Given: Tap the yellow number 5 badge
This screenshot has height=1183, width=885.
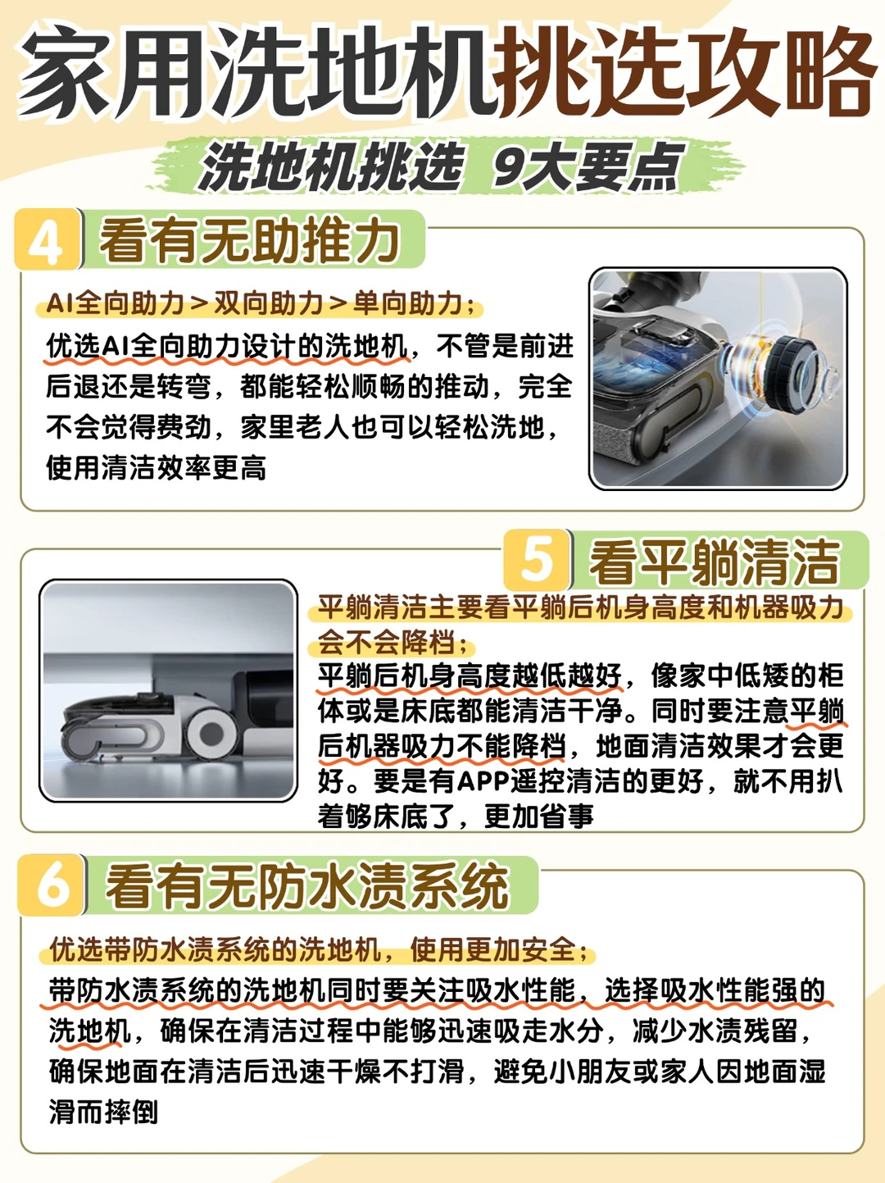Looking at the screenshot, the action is click(x=537, y=560).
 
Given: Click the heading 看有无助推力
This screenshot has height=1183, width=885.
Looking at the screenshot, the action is click(x=249, y=240).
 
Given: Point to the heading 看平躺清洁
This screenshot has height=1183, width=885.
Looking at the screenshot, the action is click(x=715, y=562).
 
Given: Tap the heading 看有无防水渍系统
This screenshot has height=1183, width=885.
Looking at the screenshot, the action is click(x=307, y=885).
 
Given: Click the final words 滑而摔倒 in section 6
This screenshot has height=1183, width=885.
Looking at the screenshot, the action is click(x=103, y=1112).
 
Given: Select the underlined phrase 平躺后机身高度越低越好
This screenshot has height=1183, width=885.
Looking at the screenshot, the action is click(x=470, y=676).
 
